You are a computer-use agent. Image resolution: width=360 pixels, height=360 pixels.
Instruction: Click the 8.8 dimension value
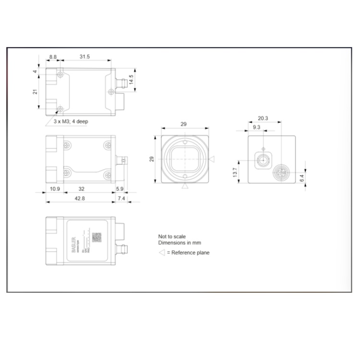point(53,57)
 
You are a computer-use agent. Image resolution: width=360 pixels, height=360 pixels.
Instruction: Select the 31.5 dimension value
point(84,57)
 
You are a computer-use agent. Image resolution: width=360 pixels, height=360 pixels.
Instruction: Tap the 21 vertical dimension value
point(35,92)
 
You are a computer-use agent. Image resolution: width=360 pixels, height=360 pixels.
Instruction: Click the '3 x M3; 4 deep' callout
point(71,121)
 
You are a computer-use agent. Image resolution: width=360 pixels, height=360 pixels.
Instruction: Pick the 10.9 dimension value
point(54,189)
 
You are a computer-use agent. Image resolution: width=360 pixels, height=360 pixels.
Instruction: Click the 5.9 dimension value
point(120,189)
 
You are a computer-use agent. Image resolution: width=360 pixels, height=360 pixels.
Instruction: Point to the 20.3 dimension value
point(263,118)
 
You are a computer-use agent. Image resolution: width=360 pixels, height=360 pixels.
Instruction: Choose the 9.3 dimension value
point(255,127)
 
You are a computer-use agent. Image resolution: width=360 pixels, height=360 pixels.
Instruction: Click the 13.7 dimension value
point(235,172)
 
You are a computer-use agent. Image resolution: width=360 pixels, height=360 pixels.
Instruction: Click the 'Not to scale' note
point(172,237)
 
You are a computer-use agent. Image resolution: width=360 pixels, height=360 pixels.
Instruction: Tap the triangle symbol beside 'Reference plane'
point(162,252)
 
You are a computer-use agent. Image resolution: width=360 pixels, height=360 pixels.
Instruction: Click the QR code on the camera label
point(97,237)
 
